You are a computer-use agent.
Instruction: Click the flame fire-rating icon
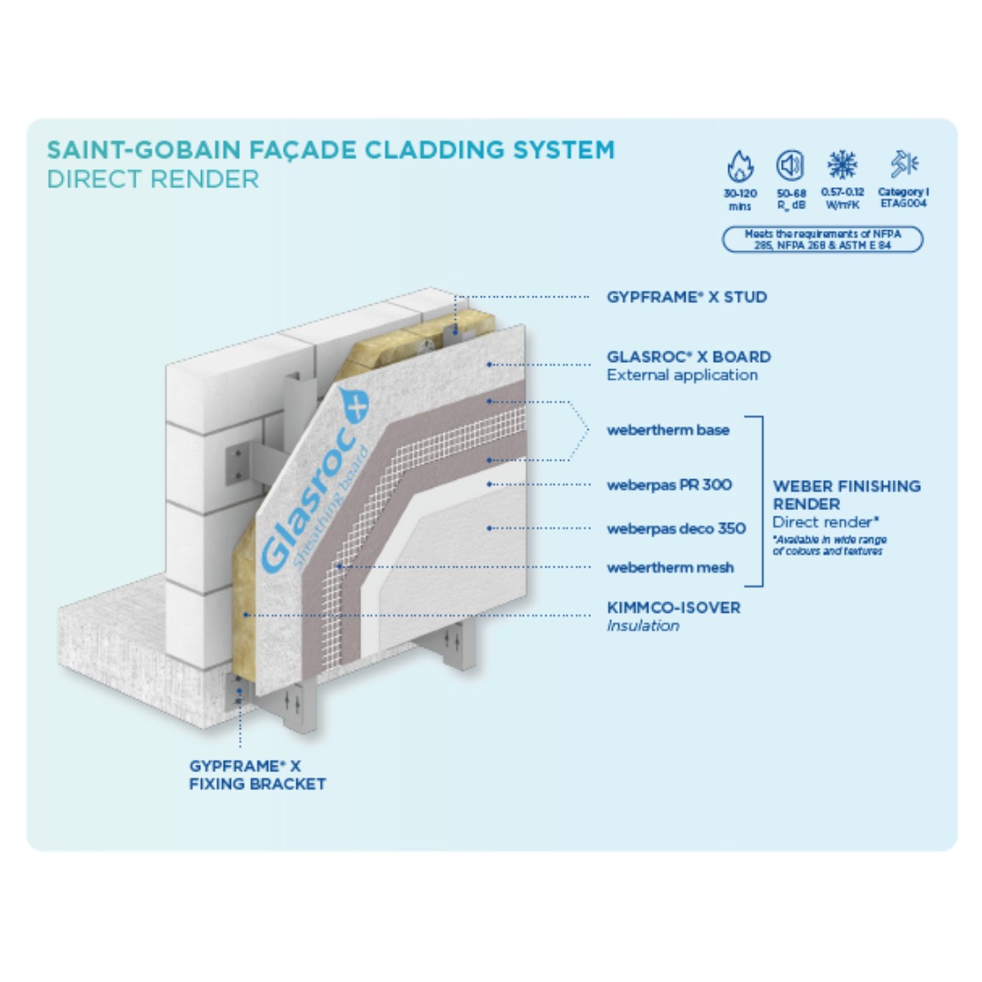point(740,166)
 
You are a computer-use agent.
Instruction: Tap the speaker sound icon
point(789,165)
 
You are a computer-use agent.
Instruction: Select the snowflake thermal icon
point(842,165)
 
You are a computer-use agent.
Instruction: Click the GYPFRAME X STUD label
point(686,297)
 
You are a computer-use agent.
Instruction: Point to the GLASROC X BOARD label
point(688,356)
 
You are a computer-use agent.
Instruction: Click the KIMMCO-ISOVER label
point(673,607)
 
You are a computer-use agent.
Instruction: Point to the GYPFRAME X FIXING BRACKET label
point(257,776)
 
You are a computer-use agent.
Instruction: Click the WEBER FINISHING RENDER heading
point(846,495)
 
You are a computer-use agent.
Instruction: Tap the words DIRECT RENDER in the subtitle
point(153,179)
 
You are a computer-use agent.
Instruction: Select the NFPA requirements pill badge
point(821,239)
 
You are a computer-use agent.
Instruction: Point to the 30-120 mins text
point(740,199)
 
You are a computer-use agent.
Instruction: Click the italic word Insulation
point(643,626)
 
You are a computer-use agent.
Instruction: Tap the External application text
point(681,375)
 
